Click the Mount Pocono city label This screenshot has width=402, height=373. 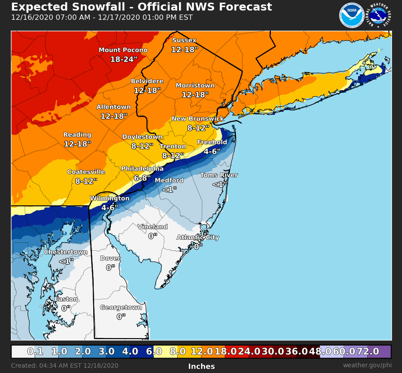tap(123, 50)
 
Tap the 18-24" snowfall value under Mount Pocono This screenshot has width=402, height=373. tap(124, 59)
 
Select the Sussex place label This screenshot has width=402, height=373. tap(184, 40)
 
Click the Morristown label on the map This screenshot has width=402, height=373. tap(195, 86)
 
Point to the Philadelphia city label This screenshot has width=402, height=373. tap(142, 169)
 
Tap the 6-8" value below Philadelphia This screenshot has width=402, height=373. tap(142, 178)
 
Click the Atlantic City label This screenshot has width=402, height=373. tap(198, 238)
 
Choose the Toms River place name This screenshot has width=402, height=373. tap(219, 175)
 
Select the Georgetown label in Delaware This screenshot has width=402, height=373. tap(121, 307)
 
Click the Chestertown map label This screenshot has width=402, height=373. tap(66, 252)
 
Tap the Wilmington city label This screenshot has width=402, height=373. tap(110, 199)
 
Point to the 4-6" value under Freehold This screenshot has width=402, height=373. tap(212, 152)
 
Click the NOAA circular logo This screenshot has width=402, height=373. tap(351, 16)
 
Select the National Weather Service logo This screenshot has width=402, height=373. tap(378, 16)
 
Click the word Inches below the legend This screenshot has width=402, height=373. tap(201, 366)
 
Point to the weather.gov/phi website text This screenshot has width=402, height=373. tap(367, 366)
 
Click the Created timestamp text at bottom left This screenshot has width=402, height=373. tap(65, 366)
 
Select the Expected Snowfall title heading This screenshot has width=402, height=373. tap(141, 7)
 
